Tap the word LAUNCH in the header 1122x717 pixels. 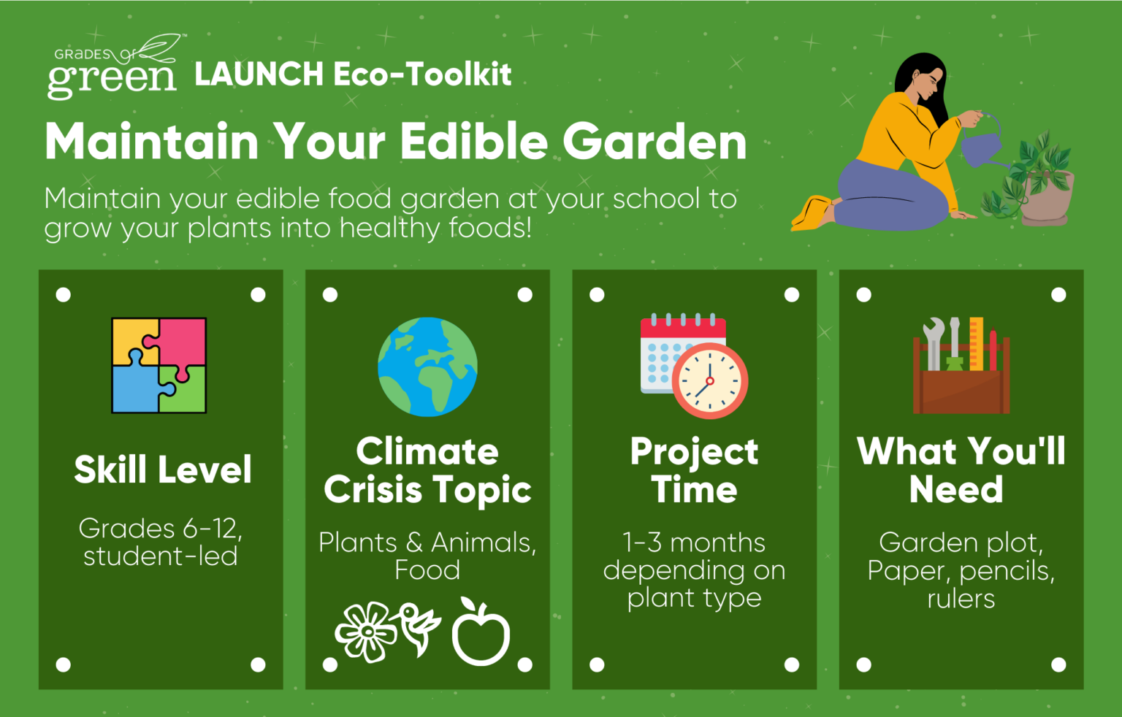pyautogui.click(x=259, y=74)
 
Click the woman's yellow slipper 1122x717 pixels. pyautogui.click(x=812, y=215)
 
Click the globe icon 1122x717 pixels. pyautogui.click(x=427, y=367)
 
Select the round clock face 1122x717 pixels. pyautogui.click(x=710, y=381)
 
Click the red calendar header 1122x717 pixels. pyautogui.click(x=683, y=326)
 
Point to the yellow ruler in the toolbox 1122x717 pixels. pyautogui.click(x=976, y=344)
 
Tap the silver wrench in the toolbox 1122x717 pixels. pyautogui.click(x=933, y=345)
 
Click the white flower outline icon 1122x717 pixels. pyautogui.click(x=366, y=632)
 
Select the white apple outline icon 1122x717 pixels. pyautogui.click(x=481, y=632)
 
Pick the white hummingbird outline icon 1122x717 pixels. pyautogui.click(x=419, y=628)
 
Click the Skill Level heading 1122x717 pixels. pyautogui.click(x=162, y=469)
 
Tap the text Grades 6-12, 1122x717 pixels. pyautogui.click(x=160, y=528)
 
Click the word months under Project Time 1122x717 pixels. pyautogui.click(x=717, y=542)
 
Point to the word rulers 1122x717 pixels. pyautogui.click(x=961, y=599)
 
